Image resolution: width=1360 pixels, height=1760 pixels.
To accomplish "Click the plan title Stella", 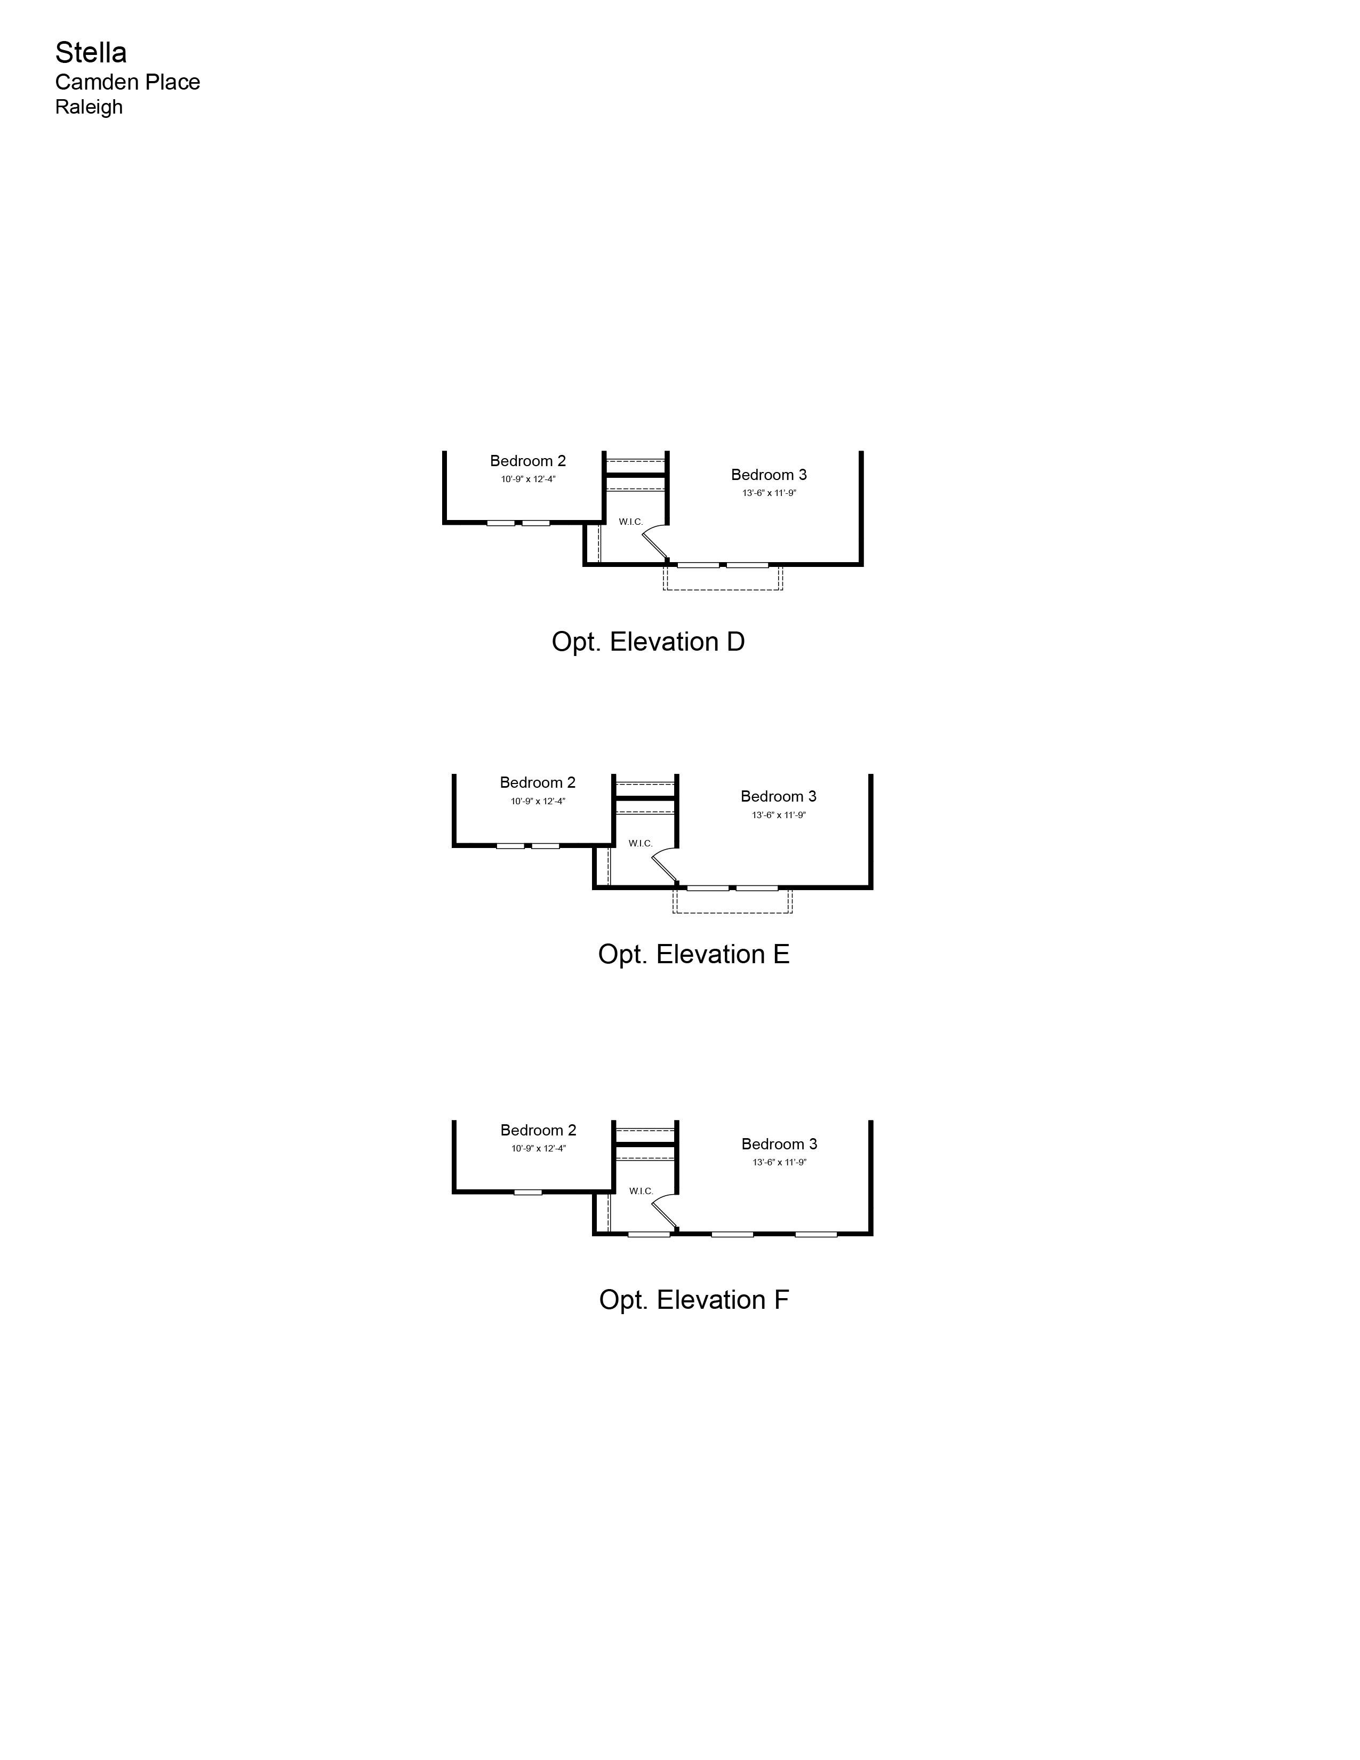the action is [91, 52].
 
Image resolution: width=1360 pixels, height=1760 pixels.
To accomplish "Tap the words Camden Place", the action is [127, 82].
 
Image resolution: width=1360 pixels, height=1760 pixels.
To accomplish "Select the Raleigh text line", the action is [89, 107].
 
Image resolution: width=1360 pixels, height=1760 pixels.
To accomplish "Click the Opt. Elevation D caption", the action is [649, 642].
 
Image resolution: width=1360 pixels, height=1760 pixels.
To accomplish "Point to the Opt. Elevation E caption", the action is [694, 954].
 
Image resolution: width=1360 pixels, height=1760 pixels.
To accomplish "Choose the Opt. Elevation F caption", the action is [694, 1300].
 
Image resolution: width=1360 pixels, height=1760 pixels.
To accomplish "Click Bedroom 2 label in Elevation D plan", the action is [527, 461].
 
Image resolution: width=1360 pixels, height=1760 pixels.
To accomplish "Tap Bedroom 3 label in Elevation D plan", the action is [769, 475].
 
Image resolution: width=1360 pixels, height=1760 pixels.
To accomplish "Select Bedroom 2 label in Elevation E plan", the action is [538, 782].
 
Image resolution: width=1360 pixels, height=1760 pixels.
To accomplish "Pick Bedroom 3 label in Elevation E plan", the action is [778, 796].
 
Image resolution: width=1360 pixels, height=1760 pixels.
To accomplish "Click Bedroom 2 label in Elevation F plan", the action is [538, 1131].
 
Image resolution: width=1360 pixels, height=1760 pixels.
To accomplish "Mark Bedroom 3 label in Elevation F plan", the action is [779, 1145].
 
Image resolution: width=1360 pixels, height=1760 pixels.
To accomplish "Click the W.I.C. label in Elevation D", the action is [631, 522].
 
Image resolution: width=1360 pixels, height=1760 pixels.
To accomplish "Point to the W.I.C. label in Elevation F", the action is [641, 1191].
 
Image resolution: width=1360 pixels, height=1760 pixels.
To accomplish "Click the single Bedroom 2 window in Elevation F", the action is [527, 1192].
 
